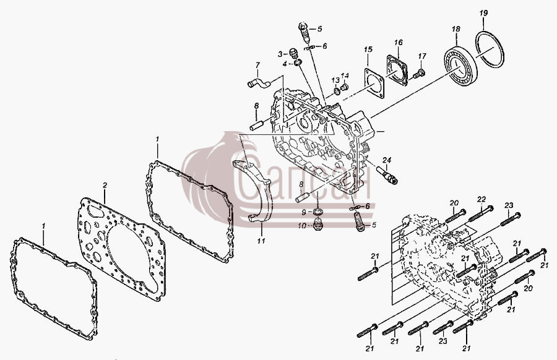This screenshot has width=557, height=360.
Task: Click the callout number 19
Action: pyautogui.click(x=483, y=14)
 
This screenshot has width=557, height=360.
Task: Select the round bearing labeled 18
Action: pyautogui.click(x=460, y=66)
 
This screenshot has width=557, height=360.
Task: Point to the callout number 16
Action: pyautogui.click(x=398, y=43)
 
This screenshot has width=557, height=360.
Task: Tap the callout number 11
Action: pyautogui.click(x=261, y=241)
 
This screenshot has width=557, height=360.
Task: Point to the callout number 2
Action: pyautogui.click(x=105, y=186)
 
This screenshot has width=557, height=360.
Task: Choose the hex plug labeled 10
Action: pyautogui.click(x=318, y=225)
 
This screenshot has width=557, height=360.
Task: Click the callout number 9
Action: pyautogui.click(x=304, y=212)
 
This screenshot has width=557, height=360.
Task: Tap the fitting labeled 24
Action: pyautogui.click(x=387, y=175)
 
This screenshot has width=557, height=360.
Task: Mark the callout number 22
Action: pyautogui.click(x=481, y=200)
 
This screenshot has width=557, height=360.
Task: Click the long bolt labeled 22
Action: pyautogui.click(x=481, y=214)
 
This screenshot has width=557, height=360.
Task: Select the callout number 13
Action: pyautogui.click(x=335, y=80)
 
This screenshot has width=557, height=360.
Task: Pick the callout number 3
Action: pyautogui.click(x=280, y=54)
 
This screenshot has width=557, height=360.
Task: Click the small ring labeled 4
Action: pyautogui.click(x=298, y=63)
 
